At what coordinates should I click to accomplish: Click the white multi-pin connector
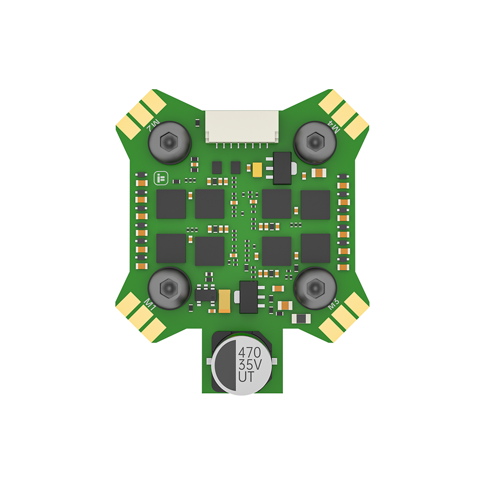click(x=242, y=127)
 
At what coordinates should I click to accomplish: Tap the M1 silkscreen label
click(x=150, y=305)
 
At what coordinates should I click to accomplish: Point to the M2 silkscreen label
click(x=153, y=125)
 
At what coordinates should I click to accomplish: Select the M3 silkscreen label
click(x=334, y=304)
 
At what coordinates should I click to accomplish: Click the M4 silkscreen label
click(x=334, y=126)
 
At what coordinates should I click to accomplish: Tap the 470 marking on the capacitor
click(x=250, y=352)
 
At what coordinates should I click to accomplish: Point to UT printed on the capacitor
click(x=246, y=377)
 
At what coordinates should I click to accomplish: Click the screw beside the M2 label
click(x=169, y=142)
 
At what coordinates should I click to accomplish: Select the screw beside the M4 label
click(x=315, y=142)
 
